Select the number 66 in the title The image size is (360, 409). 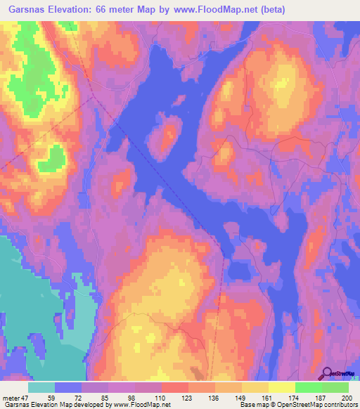[105, 10]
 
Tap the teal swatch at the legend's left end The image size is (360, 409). [41, 387]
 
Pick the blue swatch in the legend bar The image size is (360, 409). [68, 387]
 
